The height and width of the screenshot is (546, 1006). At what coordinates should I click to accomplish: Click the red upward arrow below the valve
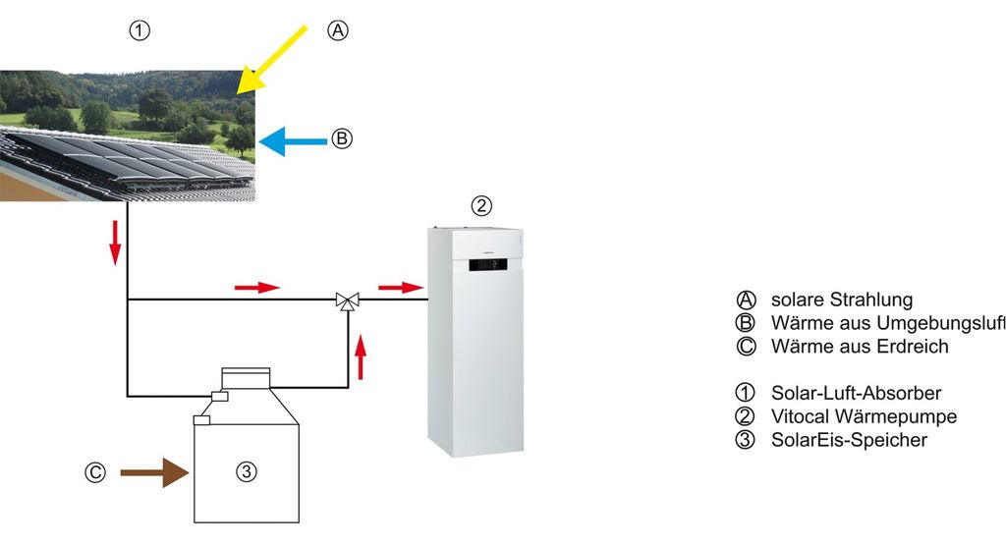pos(362,356)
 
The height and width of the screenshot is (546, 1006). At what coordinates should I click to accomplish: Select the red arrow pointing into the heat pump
pos(401,288)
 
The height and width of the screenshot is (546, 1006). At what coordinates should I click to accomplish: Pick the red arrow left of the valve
pos(256,288)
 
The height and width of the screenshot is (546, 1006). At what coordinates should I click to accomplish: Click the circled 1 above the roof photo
pos(140,30)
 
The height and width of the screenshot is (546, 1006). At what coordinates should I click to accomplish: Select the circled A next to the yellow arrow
pos(337,30)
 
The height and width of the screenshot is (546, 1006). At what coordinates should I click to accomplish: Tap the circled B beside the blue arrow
pos(340,139)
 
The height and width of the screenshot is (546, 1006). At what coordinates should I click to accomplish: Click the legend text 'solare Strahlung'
pos(842,300)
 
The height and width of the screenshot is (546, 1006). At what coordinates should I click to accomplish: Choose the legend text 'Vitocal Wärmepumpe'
pos(865,416)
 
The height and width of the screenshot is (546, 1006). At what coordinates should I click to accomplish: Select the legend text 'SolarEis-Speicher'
pos(849,440)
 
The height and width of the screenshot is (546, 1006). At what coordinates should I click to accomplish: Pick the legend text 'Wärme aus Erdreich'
pos(860,347)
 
